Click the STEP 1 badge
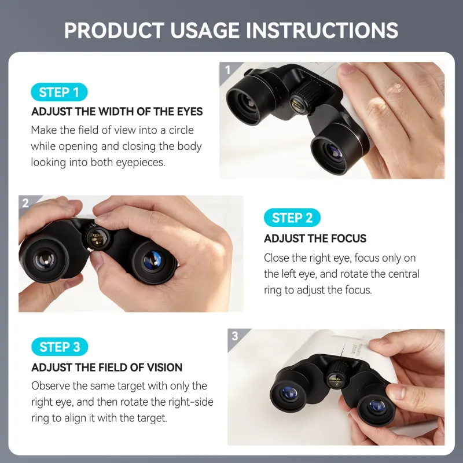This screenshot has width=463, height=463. (59, 92)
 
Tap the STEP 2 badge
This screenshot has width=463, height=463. (292, 218)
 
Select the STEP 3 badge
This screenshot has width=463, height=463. (60, 347)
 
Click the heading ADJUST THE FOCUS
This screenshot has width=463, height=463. (315, 238)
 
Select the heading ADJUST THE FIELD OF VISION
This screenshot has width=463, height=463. (106, 368)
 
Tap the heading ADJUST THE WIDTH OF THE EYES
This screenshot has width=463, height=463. (117, 112)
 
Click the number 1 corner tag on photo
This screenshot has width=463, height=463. (227, 71)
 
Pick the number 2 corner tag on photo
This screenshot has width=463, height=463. (25, 203)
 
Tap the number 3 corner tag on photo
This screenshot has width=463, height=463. (234, 336)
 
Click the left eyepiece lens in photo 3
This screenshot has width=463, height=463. (289, 394)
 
